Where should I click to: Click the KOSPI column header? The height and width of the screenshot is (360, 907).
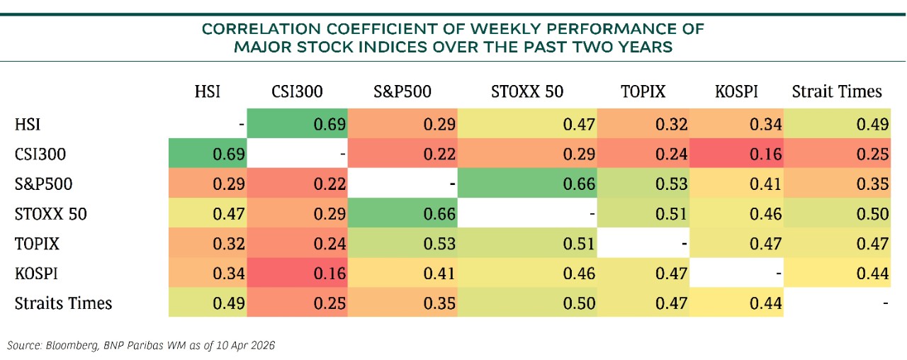pyautogui.click(x=736, y=91)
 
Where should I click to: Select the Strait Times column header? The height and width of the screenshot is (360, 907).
pyautogui.click(x=837, y=91)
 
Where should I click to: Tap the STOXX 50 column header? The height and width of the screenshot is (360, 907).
pyautogui.click(x=527, y=91)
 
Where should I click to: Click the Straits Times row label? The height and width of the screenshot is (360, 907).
pyautogui.click(x=63, y=303)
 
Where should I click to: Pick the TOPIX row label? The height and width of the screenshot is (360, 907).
pyautogui.click(x=37, y=243)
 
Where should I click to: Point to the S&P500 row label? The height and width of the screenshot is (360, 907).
pyautogui.click(x=43, y=184)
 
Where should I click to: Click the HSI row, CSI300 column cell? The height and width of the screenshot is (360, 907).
pyautogui.click(x=297, y=123)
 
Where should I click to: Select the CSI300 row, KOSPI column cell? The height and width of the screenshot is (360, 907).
pyautogui.click(x=736, y=154)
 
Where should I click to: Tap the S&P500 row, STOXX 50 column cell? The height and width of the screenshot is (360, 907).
pyautogui.click(x=527, y=183)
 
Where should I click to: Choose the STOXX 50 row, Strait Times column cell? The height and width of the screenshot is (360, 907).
pyautogui.click(x=837, y=213)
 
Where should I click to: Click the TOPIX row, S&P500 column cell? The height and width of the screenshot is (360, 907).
pyautogui.click(x=402, y=242)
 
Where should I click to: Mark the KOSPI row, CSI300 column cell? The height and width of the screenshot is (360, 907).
pyautogui.click(x=297, y=273)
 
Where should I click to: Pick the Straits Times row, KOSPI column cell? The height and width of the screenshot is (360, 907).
pyautogui.click(x=736, y=302)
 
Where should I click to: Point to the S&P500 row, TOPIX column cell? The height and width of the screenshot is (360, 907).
pyautogui.click(x=643, y=183)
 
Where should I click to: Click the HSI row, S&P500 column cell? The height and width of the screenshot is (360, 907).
pyautogui.click(x=402, y=123)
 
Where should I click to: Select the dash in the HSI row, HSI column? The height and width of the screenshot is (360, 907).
pyautogui.click(x=242, y=124)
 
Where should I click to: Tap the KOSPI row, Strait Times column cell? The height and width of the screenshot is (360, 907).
pyautogui.click(x=837, y=273)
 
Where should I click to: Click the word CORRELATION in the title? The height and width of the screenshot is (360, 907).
pyautogui.click(x=261, y=29)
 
